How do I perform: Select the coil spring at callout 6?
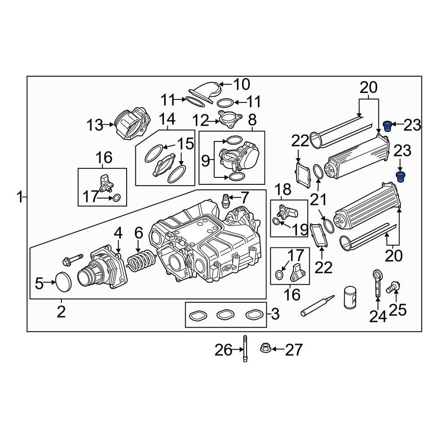[x=141, y=261]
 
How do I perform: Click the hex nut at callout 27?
[x=265, y=349]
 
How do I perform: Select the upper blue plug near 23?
[x=387, y=126]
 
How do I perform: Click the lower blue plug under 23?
[x=400, y=177]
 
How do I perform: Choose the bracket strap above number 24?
[x=377, y=282]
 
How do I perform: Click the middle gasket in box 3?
[x=225, y=314]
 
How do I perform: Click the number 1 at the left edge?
[x=19, y=198]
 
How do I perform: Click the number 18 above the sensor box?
[x=284, y=190]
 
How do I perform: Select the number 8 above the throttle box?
[x=252, y=120]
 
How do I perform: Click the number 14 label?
[x=166, y=119]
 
